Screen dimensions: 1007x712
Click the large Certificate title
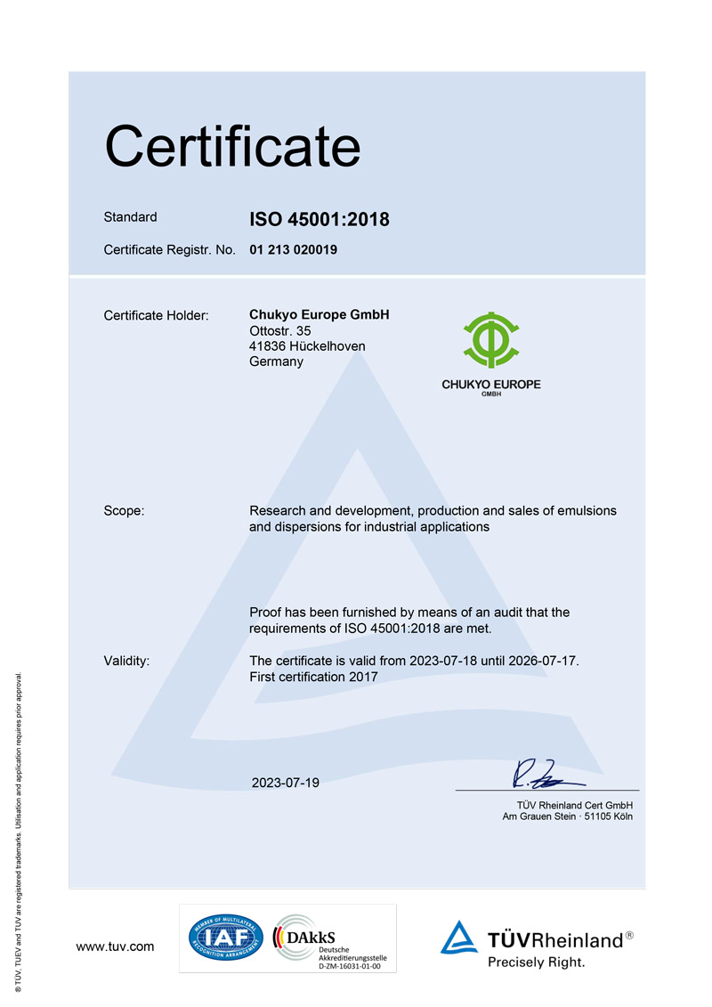[232, 147]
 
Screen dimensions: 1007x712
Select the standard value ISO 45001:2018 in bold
[320, 219]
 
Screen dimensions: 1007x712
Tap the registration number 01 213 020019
[293, 250]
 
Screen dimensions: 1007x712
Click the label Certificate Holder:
[156, 315]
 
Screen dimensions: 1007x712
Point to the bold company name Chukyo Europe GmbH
[320, 315]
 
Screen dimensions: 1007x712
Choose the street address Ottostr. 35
[280, 331]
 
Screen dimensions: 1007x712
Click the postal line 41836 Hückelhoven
[307, 346]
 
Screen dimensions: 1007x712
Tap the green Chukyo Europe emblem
[490, 339]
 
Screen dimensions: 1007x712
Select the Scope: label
[125, 511]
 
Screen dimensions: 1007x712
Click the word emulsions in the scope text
[587, 511]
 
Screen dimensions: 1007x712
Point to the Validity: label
[126, 661]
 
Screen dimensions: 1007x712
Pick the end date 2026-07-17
[542, 661]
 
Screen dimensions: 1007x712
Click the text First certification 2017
[313, 677]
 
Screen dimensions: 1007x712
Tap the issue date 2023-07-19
[285, 783]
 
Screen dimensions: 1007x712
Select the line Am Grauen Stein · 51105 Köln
[568, 816]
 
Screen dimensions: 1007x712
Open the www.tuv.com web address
[116, 946]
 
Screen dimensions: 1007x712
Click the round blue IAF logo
[224, 938]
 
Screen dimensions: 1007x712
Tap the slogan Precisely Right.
[536, 962]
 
